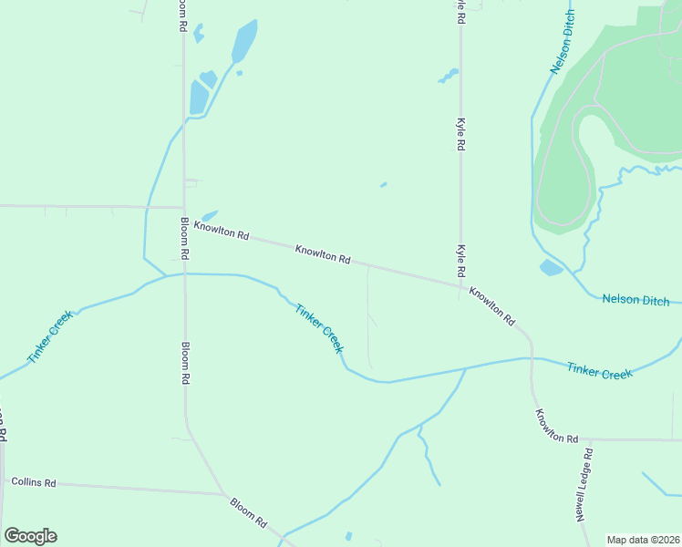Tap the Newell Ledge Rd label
(584, 484)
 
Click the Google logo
(30, 536)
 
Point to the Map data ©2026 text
(642, 540)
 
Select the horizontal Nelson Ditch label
(635, 300)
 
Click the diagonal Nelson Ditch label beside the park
(563, 44)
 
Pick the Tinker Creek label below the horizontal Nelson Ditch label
(599, 371)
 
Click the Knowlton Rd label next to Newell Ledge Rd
(556, 426)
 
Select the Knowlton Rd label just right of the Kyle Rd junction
(492, 306)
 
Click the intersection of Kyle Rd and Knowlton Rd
(460, 285)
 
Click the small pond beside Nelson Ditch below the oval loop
(552, 267)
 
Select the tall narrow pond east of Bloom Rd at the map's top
(244, 40)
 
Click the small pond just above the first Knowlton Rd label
(211, 216)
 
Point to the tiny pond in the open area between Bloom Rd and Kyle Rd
(383, 185)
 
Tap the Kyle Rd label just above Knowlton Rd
(461, 261)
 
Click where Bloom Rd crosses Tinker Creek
(185, 273)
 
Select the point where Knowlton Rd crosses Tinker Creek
(532, 358)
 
